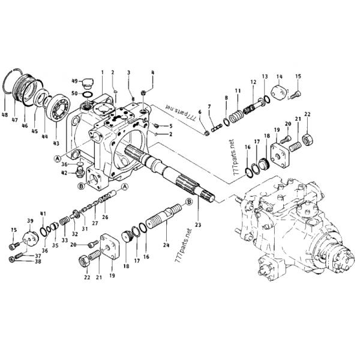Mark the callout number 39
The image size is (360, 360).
[28, 221]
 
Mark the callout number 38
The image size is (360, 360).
[38, 260]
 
